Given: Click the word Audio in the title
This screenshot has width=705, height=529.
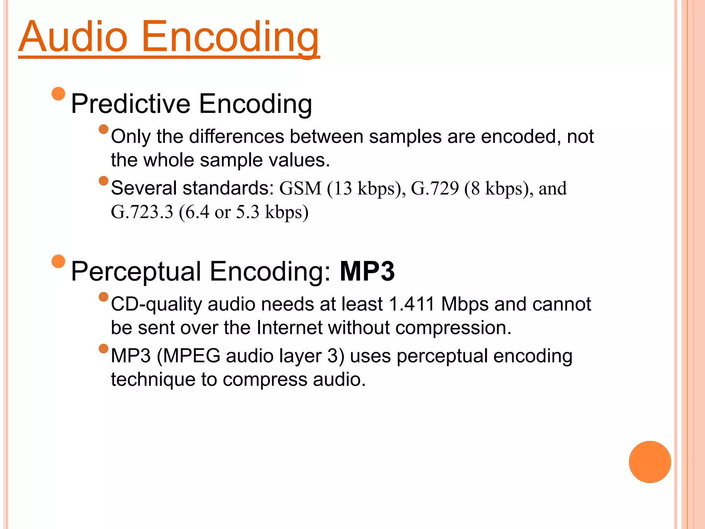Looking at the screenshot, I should point(73,37).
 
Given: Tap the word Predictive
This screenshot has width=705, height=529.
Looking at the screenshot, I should point(130,104).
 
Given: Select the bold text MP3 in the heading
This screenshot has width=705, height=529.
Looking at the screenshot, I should point(367,272).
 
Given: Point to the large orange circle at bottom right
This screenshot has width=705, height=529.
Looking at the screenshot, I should point(650,462).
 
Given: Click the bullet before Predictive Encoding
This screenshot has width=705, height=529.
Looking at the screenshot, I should point(58,94).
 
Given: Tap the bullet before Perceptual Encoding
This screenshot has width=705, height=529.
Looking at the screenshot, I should point(58,261).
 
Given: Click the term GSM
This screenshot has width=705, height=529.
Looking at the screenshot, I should point(300,188).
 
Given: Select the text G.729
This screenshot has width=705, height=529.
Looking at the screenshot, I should point(435,188).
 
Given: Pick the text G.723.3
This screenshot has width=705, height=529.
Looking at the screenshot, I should point(142,212).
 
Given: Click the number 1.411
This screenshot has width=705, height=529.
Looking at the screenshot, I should point(411,304).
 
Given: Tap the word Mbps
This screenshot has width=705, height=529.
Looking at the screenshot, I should point(465,304).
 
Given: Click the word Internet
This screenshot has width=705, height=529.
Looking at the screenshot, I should point(290,328).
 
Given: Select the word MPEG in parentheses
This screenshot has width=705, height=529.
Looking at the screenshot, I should point(191,356).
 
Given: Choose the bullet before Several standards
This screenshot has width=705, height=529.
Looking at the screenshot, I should point(103,180).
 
